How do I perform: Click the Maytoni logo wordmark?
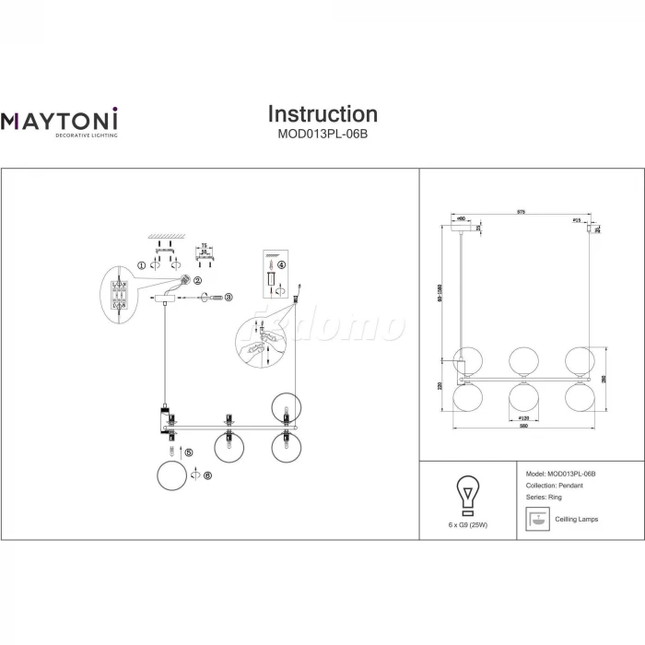[60, 120]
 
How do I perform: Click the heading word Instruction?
[322, 114]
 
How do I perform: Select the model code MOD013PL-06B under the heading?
[322, 133]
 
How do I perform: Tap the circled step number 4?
[282, 265]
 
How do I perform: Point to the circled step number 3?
[229, 297]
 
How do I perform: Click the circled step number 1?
[141, 265]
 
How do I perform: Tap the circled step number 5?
[189, 452]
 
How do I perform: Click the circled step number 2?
[197, 280]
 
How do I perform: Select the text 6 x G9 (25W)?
[466, 525]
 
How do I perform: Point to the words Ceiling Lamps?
[576, 520]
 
